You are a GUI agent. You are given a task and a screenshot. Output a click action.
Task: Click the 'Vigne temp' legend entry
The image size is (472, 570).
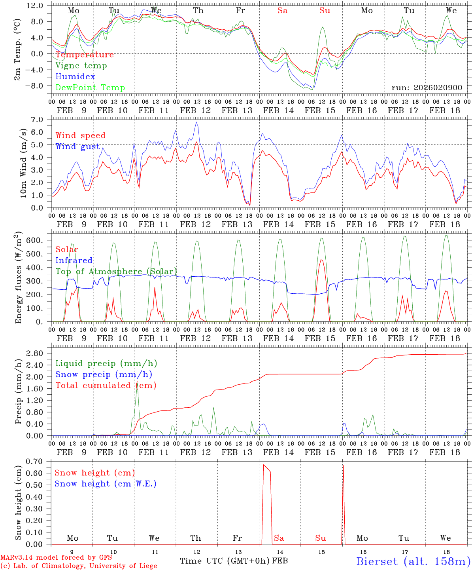(81, 66)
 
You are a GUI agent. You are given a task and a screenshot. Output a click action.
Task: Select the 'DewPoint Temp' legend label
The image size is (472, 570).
(90, 88)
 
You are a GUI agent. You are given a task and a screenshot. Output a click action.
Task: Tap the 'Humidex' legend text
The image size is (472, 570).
(75, 77)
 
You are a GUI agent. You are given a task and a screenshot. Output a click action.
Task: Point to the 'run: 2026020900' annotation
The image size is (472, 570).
(427, 87)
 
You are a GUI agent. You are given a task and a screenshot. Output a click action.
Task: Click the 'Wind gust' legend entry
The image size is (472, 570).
(77, 146)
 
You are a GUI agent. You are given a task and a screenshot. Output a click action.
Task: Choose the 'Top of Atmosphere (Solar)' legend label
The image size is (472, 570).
(116, 272)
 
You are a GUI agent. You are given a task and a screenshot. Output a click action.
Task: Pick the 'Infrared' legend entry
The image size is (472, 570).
(74, 260)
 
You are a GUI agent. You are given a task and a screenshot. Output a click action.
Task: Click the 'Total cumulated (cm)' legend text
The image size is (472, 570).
(106, 386)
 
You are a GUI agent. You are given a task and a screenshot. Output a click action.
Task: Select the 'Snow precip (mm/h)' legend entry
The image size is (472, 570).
(104, 374)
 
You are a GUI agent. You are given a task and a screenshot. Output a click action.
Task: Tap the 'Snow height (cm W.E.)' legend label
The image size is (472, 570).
(105, 484)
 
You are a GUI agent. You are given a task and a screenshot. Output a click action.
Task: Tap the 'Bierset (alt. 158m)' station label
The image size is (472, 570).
(413, 561)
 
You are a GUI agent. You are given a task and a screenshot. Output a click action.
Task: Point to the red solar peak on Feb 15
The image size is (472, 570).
(321, 260)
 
